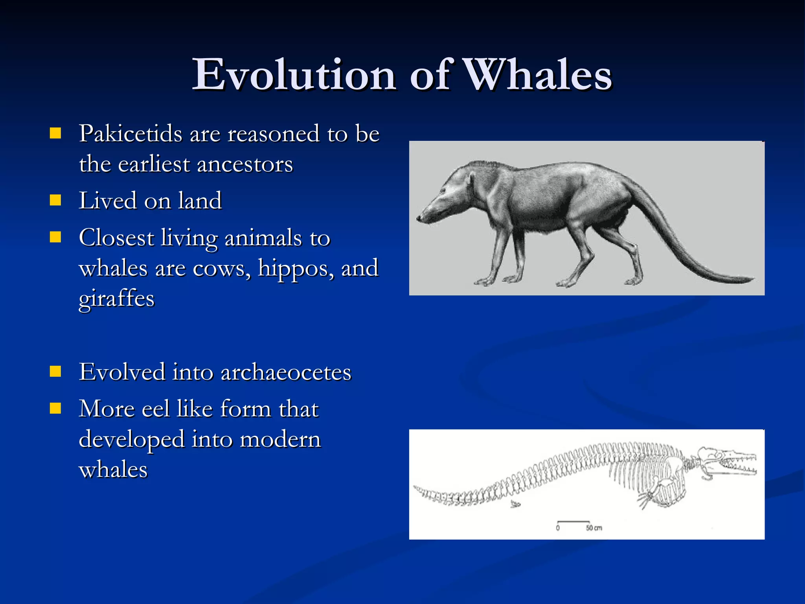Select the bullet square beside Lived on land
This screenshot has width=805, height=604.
(x=55, y=201)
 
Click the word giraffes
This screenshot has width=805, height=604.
(x=116, y=299)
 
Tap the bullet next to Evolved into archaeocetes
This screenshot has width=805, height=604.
(x=55, y=372)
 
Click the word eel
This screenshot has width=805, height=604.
(x=156, y=409)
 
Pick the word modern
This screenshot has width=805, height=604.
(x=280, y=439)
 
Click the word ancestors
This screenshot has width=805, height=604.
(x=245, y=164)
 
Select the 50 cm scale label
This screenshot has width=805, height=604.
(x=594, y=528)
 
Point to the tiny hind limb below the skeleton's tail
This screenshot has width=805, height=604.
(x=515, y=504)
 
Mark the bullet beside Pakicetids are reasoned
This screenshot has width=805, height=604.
(x=55, y=133)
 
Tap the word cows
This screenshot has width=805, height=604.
(x=222, y=269)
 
